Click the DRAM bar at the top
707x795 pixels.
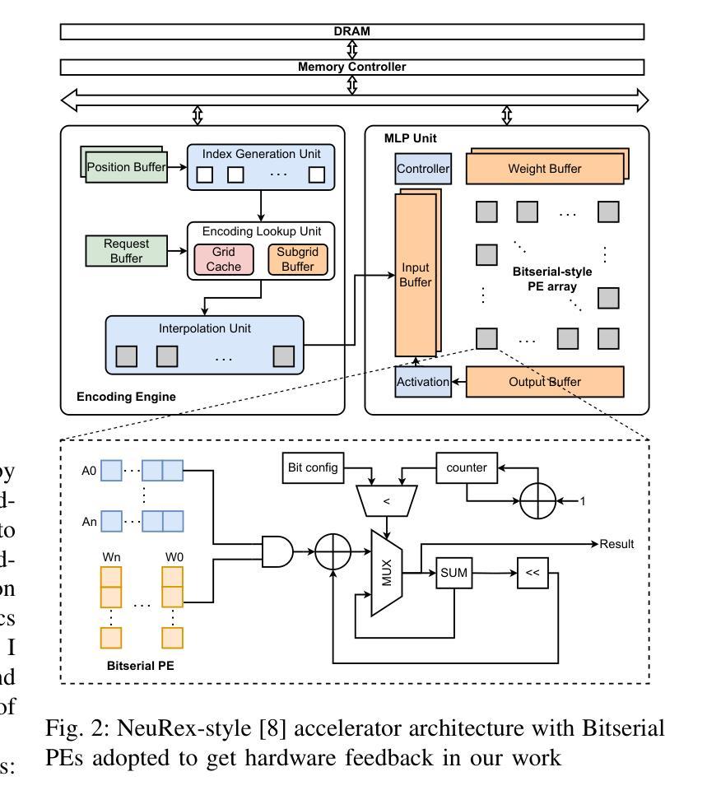[x=352, y=31]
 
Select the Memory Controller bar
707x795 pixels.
[x=352, y=67]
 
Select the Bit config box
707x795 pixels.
[x=311, y=467]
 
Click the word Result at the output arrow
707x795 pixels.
[x=617, y=544]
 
